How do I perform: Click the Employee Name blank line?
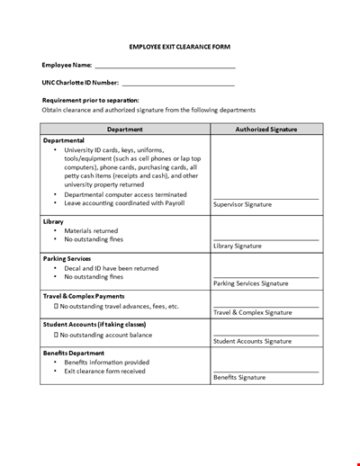click(x=164, y=67)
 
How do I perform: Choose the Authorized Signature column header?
click(x=265, y=129)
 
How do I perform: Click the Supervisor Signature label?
click(x=242, y=204)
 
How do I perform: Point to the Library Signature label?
click(x=238, y=246)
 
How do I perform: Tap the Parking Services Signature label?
click(x=250, y=283)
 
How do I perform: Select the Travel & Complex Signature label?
click(x=253, y=312)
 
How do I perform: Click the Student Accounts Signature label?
click(x=252, y=341)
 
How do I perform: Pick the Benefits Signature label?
click(x=239, y=377)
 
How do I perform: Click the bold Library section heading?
click(x=53, y=220)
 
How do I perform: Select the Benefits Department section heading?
click(x=75, y=352)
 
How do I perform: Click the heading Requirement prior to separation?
click(x=91, y=100)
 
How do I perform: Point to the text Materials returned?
click(x=91, y=230)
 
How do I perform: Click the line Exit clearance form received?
click(x=104, y=371)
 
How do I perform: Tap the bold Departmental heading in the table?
click(x=64, y=140)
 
